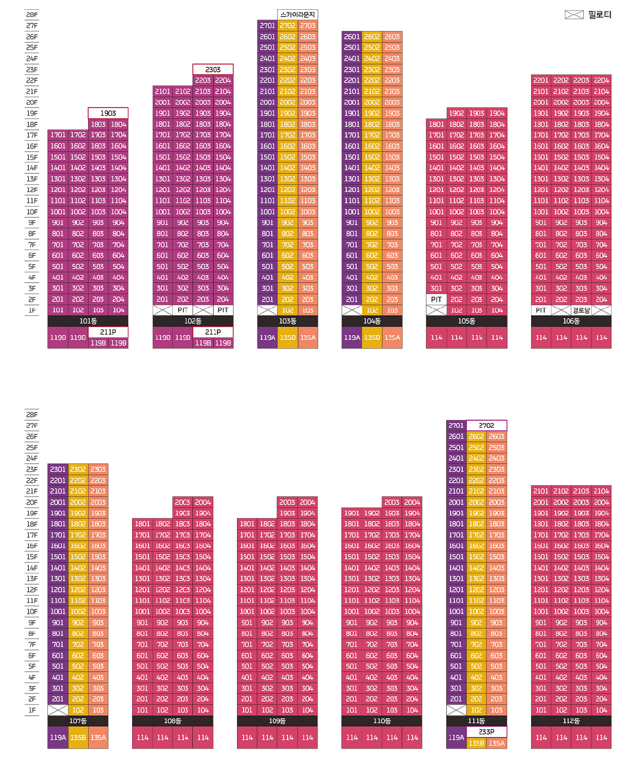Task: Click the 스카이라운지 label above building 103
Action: tap(297, 15)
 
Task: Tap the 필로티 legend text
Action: tap(600, 15)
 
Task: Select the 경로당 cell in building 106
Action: tap(581, 310)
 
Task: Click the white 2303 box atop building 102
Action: tap(213, 70)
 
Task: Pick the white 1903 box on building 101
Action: tap(108, 113)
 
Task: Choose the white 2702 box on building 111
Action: tap(487, 426)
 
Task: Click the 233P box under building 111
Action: tap(487, 732)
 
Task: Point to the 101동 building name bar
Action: tap(88, 321)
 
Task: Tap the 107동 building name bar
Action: tap(78, 721)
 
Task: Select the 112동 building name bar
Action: tap(571, 721)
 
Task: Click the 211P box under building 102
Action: tap(213, 332)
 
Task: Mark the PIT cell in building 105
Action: tap(437, 299)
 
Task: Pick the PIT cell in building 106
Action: tap(541, 310)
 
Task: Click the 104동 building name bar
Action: tap(372, 321)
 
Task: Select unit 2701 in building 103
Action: tap(267, 26)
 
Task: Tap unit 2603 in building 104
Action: tap(392, 37)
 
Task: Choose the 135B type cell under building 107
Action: tap(78, 738)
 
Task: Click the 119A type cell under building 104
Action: tap(352, 338)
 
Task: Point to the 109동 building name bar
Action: tap(277, 721)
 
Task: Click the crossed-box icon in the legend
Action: tap(574, 15)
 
